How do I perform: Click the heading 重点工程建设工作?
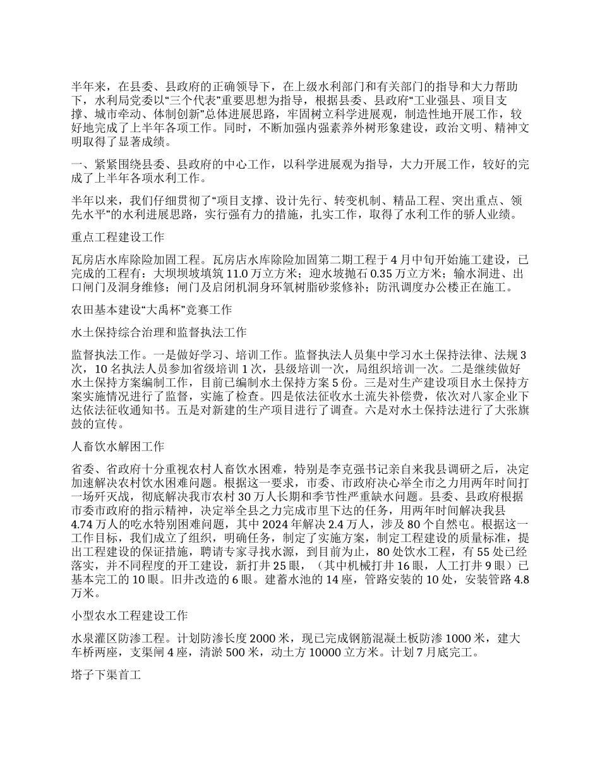[x=117, y=238]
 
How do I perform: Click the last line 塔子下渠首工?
[x=104, y=675]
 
